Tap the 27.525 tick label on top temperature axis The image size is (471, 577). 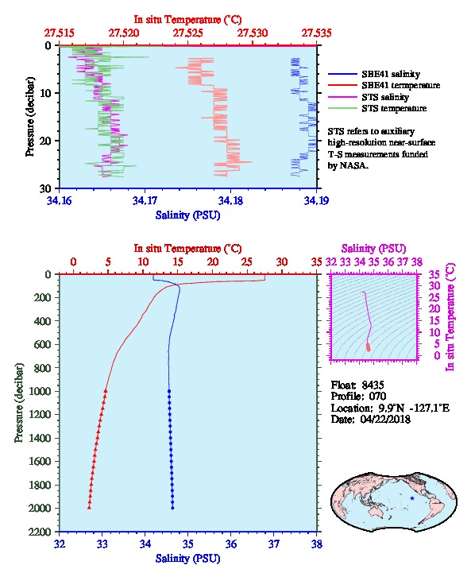[x=188, y=33]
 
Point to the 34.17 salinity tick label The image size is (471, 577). [x=145, y=200]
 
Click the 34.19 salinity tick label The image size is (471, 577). [x=316, y=200]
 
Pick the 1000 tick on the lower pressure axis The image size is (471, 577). [x=41, y=391]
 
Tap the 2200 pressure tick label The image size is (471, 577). [x=41, y=532]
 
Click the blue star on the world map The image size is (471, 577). [x=412, y=498]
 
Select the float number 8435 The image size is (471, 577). [x=373, y=385]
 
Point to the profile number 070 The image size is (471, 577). [x=377, y=396]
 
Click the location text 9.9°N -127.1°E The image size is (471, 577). [x=414, y=408]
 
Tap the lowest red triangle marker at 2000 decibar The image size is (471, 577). [x=89, y=507]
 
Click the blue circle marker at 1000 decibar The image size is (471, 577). [x=169, y=391]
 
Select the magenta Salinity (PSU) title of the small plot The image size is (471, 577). [x=373, y=249]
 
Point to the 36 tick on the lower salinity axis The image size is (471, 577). [x=231, y=544]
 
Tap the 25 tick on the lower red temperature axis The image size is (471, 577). [x=247, y=262]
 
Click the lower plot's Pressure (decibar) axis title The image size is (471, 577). [x=19, y=403]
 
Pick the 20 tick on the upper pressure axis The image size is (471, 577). [x=45, y=141]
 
